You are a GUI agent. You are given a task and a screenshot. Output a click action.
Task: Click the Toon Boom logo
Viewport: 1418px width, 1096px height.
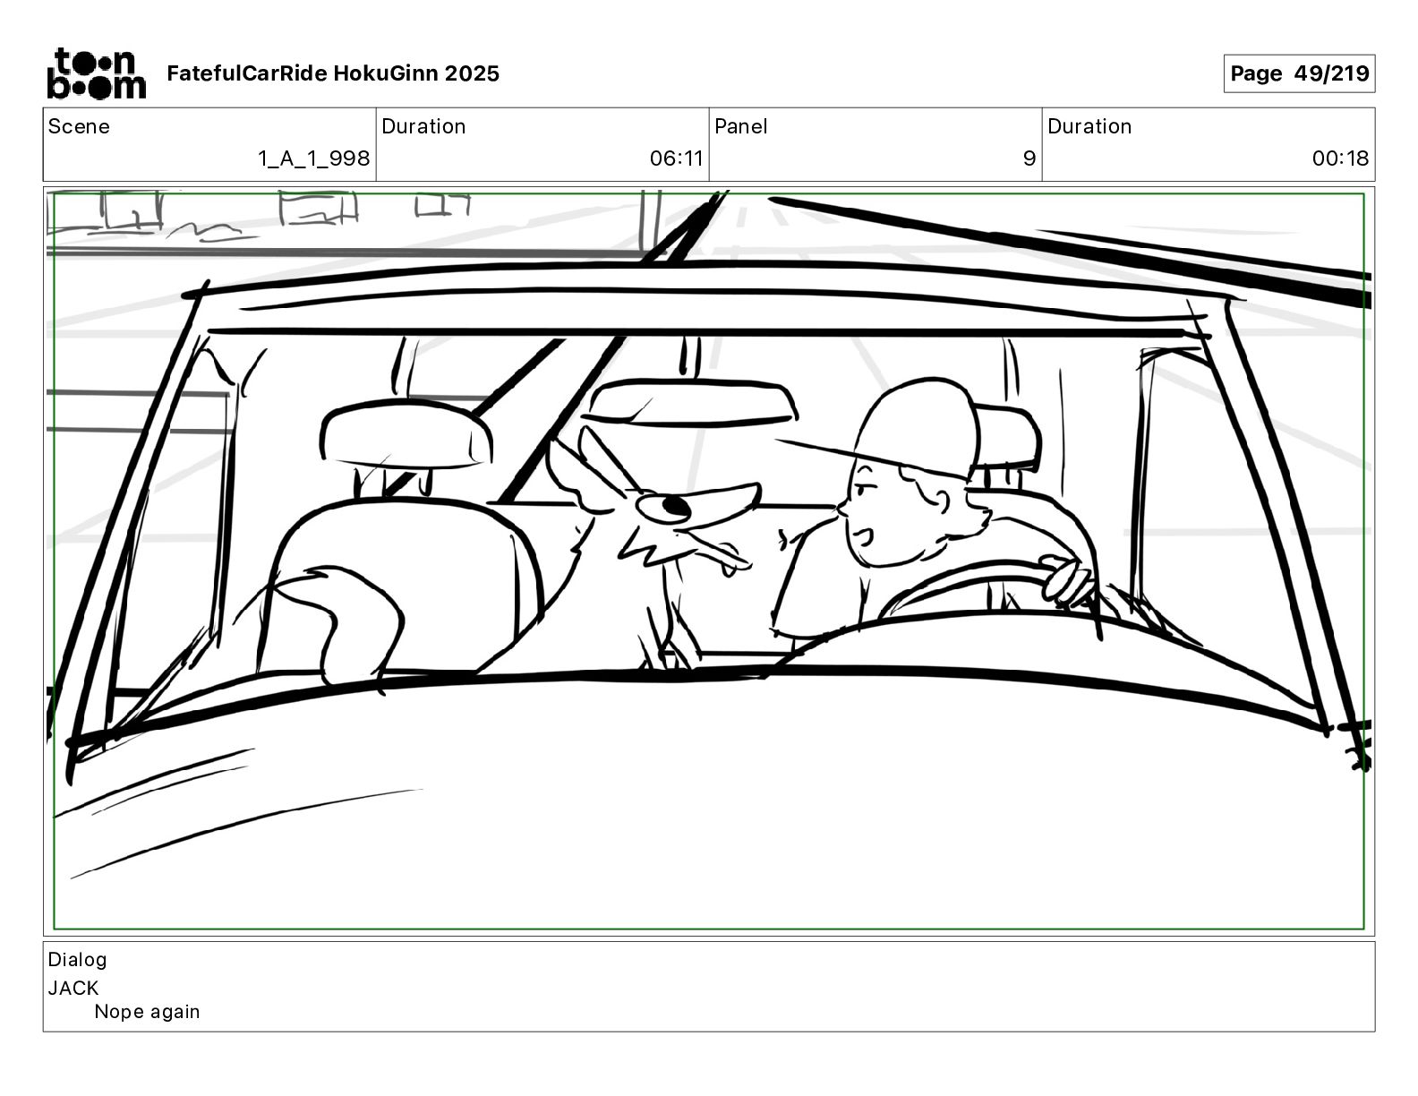[x=96, y=73]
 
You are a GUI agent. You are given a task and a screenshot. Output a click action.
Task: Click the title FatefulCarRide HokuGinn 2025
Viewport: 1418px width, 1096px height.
[x=333, y=73]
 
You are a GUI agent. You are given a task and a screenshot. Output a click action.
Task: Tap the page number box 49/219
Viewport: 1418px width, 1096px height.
[x=1298, y=73]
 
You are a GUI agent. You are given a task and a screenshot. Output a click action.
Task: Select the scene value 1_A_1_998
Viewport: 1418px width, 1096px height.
[x=313, y=158]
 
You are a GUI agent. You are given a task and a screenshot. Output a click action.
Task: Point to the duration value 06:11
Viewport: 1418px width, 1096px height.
[x=676, y=158]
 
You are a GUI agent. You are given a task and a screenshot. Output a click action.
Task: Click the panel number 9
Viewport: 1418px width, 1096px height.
[x=1029, y=158]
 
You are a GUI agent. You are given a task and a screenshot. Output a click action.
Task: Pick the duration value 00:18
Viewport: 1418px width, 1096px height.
[x=1340, y=158]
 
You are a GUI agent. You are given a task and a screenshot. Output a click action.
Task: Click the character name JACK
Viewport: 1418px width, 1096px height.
[x=73, y=988]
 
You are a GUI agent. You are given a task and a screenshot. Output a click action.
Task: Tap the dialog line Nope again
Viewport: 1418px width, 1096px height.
[x=147, y=1012]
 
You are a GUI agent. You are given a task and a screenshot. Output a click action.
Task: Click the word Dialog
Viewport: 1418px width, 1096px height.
[x=77, y=960]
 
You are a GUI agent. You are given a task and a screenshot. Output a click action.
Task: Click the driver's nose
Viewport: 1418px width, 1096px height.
[x=841, y=510]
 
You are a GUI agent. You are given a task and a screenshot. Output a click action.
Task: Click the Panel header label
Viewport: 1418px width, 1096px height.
[x=740, y=126]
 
